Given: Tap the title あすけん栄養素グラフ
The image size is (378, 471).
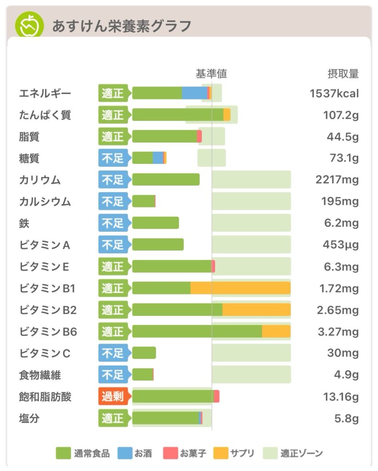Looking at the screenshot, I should pos(121,26).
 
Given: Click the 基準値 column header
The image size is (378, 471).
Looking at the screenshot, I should pos(211,74).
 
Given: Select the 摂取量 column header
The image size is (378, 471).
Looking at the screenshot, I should pos(343,74).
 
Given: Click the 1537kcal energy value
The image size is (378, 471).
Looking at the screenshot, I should pos(334,94).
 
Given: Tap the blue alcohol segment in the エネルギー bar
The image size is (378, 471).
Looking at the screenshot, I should pos(194,93).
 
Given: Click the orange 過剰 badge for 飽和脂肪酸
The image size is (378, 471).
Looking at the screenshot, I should pos(113,396).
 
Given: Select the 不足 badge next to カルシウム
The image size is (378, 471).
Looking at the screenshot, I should pos(113,201).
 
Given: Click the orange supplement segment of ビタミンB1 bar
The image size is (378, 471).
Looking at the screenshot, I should pos(240,288).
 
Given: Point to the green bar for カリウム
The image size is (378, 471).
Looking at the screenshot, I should pos(166,179).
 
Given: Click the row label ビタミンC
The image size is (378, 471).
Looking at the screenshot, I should pos(45,354).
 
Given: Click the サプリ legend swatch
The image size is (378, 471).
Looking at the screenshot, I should pos(221,454).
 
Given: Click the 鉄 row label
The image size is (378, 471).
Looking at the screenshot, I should pos(24,224).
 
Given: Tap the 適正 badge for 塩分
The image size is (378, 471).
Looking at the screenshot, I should pos(113,418).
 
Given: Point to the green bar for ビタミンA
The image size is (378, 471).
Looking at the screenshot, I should pos(158,245).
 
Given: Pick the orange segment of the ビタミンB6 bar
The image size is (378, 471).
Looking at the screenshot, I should pos(276,331).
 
